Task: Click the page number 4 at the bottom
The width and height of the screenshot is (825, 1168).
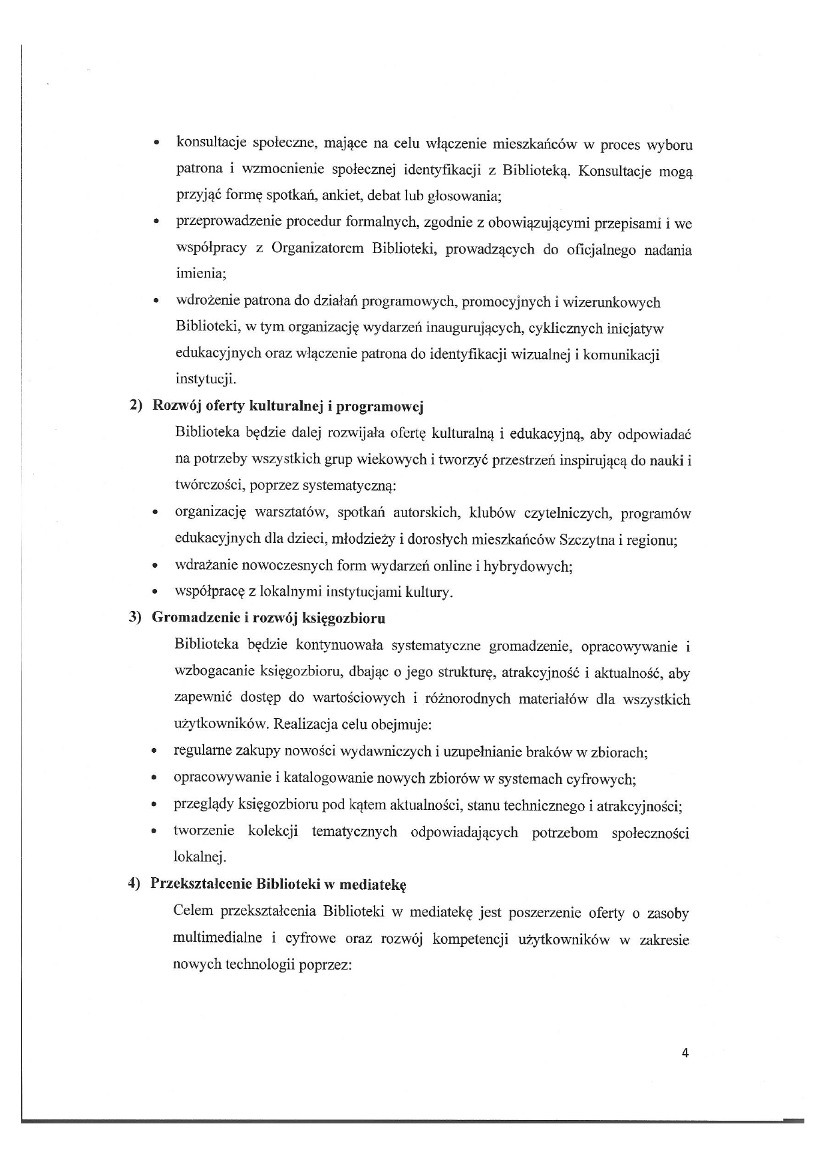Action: pyautogui.click(x=685, y=1053)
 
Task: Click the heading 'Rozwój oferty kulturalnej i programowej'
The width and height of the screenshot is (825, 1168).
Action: pyautogui.click(x=288, y=407)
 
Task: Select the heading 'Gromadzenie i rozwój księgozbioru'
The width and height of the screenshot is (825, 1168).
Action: pyautogui.click(x=269, y=618)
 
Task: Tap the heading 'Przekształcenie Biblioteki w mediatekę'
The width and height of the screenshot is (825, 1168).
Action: pyautogui.click(x=278, y=884)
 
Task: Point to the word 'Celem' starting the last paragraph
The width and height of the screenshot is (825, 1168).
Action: pyautogui.click(x=193, y=912)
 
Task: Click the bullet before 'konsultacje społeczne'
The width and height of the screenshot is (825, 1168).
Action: pyautogui.click(x=156, y=143)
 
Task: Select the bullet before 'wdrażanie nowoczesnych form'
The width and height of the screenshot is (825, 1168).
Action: pyautogui.click(x=154, y=568)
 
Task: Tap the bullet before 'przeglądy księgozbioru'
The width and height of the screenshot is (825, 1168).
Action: pyautogui.click(x=154, y=806)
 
